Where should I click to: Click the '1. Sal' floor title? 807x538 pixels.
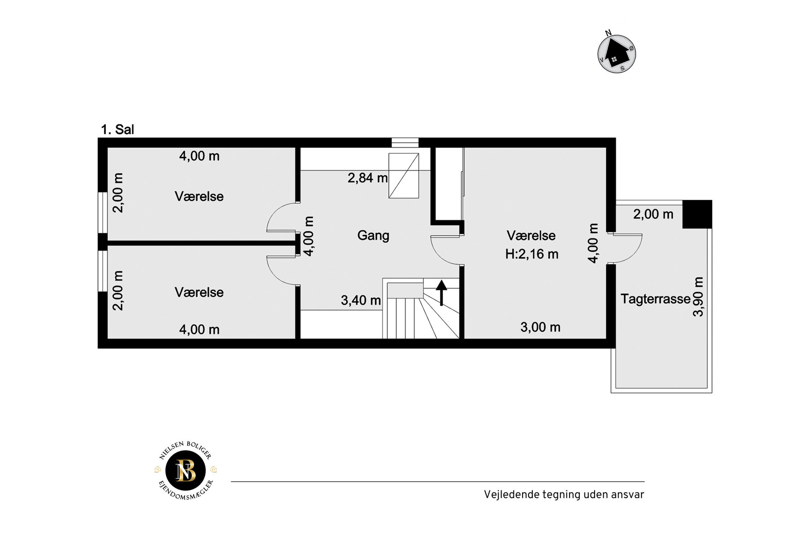click(x=118, y=130)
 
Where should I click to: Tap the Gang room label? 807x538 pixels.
click(x=373, y=236)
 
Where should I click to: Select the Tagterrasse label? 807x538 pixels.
click(x=655, y=299)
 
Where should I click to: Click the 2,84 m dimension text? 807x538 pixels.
click(x=367, y=178)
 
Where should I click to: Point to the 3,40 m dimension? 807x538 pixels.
click(x=361, y=301)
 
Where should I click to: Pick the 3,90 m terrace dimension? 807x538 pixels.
click(x=699, y=297)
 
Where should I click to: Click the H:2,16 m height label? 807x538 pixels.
click(x=532, y=254)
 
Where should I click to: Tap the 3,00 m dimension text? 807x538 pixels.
click(x=541, y=327)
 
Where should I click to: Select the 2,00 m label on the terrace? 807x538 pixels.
click(x=653, y=214)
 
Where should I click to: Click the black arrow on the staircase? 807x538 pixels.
click(x=442, y=293)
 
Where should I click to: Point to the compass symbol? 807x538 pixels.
click(x=617, y=53)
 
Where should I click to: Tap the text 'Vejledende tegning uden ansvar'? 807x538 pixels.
click(x=564, y=495)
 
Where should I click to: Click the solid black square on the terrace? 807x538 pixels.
click(x=697, y=214)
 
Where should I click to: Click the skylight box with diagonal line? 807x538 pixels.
click(x=404, y=176)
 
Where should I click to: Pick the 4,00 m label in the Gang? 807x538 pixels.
click(x=309, y=236)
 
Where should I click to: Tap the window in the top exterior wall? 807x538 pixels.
click(x=405, y=142)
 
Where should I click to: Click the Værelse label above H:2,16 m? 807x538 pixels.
click(x=531, y=236)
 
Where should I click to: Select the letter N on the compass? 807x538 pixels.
click(x=608, y=33)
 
